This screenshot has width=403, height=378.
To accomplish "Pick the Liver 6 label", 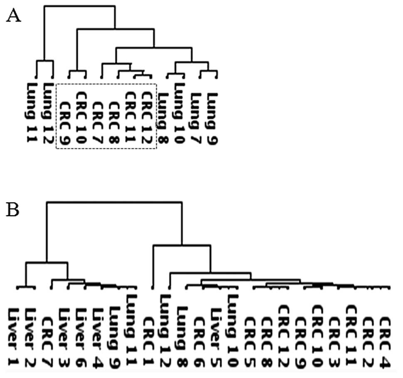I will (x=82, y=338).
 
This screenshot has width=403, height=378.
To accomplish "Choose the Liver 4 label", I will (x=99, y=338).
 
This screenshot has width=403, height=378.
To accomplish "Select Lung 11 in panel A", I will (x=31, y=113).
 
